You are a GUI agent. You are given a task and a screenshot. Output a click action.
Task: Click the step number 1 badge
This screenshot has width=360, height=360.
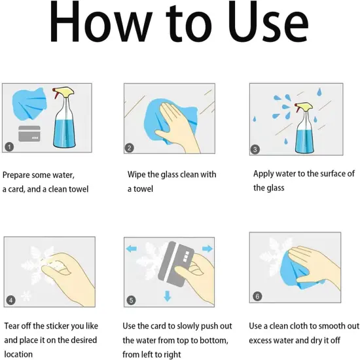point(9,147)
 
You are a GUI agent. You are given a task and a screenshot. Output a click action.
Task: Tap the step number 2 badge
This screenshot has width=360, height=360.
point(130,148)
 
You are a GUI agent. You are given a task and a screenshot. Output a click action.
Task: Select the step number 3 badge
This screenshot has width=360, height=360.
point(255,149)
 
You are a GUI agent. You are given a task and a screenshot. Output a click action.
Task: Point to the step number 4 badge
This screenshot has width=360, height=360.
point(10,300)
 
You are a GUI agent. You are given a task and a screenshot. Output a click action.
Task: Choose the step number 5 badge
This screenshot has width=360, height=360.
point(131,300)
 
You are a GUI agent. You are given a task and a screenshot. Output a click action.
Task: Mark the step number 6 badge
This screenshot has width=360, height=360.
point(257,296)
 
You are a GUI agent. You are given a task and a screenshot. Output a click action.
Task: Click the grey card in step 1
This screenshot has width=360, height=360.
point(29,134)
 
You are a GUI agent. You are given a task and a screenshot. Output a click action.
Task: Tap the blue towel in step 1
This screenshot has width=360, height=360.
point(29,104)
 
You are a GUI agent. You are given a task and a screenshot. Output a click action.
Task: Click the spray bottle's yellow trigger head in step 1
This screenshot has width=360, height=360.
point(63,92)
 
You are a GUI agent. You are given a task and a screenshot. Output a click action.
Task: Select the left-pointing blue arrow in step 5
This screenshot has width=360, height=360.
point(132,249)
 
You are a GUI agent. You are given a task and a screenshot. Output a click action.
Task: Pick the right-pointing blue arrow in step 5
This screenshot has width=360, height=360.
point(207,249)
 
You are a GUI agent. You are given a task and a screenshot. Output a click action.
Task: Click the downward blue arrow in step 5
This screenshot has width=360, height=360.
point(168,296)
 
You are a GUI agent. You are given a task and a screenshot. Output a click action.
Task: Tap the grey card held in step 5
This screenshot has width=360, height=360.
point(176,264)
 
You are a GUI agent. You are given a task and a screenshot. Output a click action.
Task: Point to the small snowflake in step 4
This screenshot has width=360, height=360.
point(26,296)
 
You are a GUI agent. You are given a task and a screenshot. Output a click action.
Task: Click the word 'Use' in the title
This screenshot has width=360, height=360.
point(268,22)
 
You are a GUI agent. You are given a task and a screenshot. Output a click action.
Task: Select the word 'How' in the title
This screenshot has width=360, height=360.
point(101,22)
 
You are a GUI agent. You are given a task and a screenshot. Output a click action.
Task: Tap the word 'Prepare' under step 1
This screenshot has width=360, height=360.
point(16,175)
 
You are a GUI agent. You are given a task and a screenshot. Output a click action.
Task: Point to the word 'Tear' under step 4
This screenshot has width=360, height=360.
point(12,326)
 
